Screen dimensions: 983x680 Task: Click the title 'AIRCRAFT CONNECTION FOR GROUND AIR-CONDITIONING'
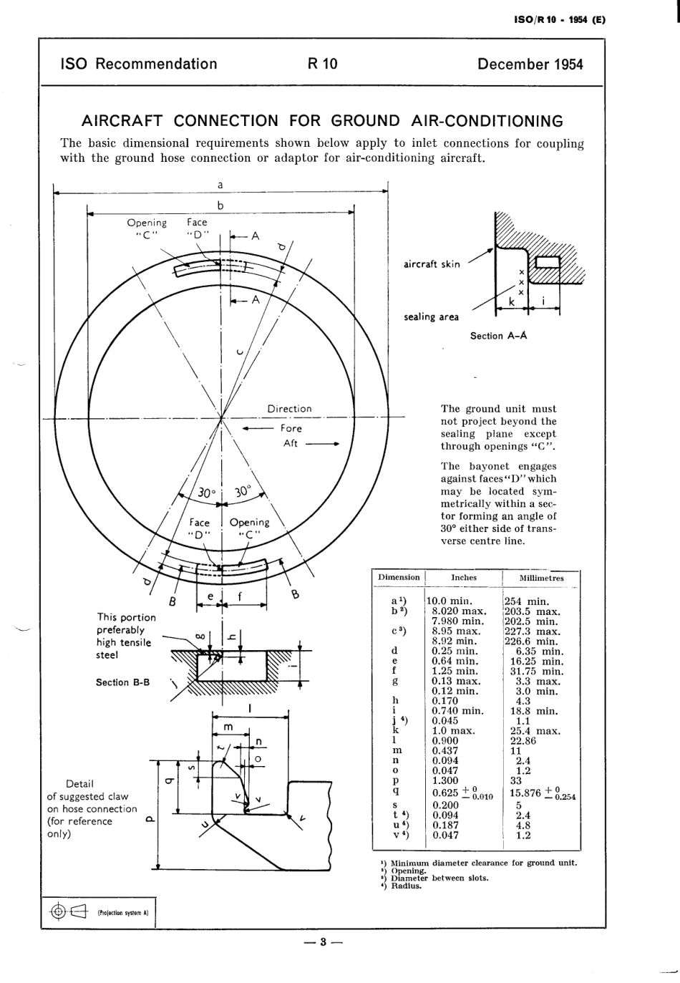(322, 121)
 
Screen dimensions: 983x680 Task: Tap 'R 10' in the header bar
(322, 64)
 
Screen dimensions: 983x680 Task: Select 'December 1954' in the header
(530, 64)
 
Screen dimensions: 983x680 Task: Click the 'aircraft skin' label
(432, 264)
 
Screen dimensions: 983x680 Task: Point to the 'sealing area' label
(431, 317)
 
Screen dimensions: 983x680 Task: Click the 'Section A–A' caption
(498, 336)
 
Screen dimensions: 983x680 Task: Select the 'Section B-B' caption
(122, 682)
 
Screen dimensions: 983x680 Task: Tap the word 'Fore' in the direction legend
(291, 428)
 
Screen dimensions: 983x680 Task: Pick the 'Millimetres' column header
(541, 578)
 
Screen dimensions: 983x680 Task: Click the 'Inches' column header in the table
(464, 577)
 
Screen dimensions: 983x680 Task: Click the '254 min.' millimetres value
(526, 601)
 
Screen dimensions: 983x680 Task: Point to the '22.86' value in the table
(523, 741)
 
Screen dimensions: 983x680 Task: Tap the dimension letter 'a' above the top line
(220, 185)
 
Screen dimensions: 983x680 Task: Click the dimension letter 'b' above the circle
(220, 205)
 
